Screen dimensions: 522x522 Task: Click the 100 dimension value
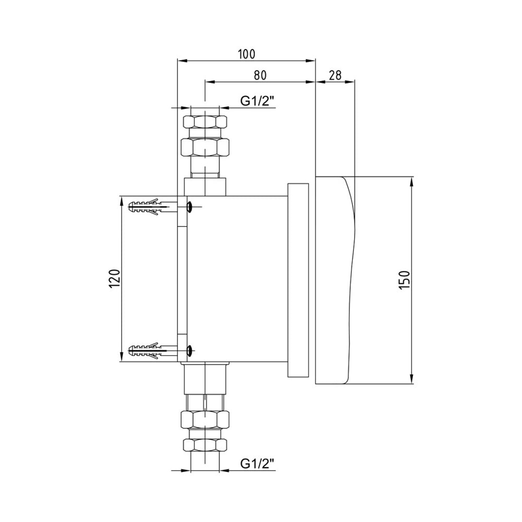point(247,54)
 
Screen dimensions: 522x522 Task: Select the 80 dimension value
point(260,75)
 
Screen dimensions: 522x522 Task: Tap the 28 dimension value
point(335,75)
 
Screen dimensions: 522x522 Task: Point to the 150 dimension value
point(404,280)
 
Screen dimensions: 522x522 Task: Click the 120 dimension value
point(114,279)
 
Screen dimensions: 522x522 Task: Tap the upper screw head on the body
point(189,207)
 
